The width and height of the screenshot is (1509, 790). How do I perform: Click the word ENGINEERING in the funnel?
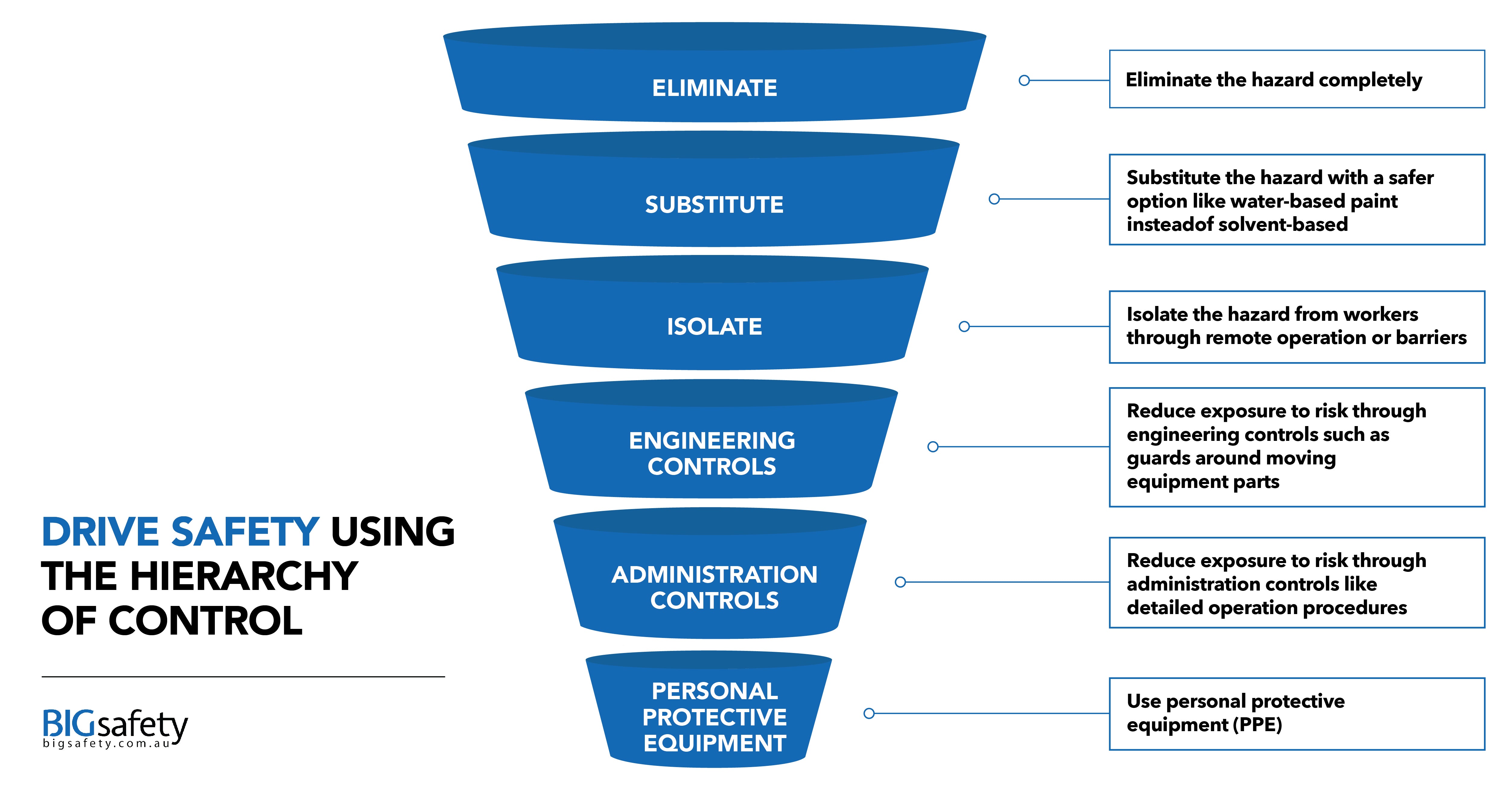(x=712, y=440)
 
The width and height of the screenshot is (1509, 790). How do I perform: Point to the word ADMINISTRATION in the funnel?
(x=714, y=575)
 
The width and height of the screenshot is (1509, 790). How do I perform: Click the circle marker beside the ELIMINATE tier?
(x=1024, y=80)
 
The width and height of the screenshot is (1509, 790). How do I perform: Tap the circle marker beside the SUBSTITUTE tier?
(x=994, y=199)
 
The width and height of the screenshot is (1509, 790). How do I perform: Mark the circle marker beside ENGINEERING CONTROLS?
(x=933, y=447)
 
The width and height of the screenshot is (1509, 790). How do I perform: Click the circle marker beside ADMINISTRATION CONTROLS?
(x=900, y=582)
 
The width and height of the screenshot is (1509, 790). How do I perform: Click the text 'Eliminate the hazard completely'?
(x=1274, y=80)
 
